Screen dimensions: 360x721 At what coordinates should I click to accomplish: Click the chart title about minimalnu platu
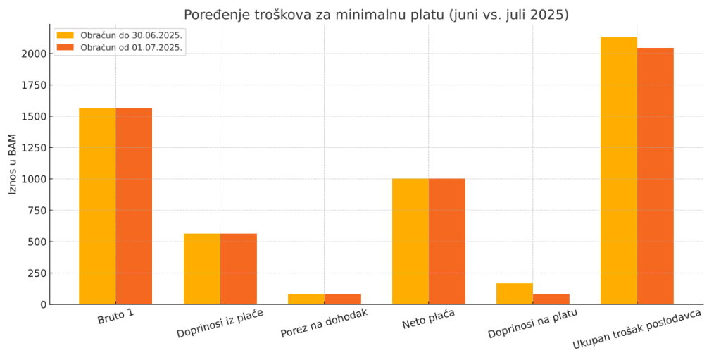tap(376, 15)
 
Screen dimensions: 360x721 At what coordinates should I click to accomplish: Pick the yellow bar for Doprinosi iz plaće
tap(202, 268)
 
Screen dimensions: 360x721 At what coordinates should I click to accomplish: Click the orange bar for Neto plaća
tap(447, 241)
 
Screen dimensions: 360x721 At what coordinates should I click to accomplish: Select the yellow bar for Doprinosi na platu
tap(515, 294)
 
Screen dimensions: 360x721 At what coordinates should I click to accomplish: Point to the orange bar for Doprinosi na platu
tap(551, 299)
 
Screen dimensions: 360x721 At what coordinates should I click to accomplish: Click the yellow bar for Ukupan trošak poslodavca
tap(619, 170)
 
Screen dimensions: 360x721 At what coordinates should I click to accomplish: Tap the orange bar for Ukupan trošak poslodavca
tap(656, 176)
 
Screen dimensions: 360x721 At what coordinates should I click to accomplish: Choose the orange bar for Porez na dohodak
tap(343, 299)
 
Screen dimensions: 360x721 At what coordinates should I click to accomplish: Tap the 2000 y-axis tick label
tap(35, 54)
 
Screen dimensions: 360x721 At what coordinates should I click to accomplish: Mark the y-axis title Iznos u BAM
tap(13, 163)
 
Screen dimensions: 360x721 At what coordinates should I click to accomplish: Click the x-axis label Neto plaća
tap(428, 322)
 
